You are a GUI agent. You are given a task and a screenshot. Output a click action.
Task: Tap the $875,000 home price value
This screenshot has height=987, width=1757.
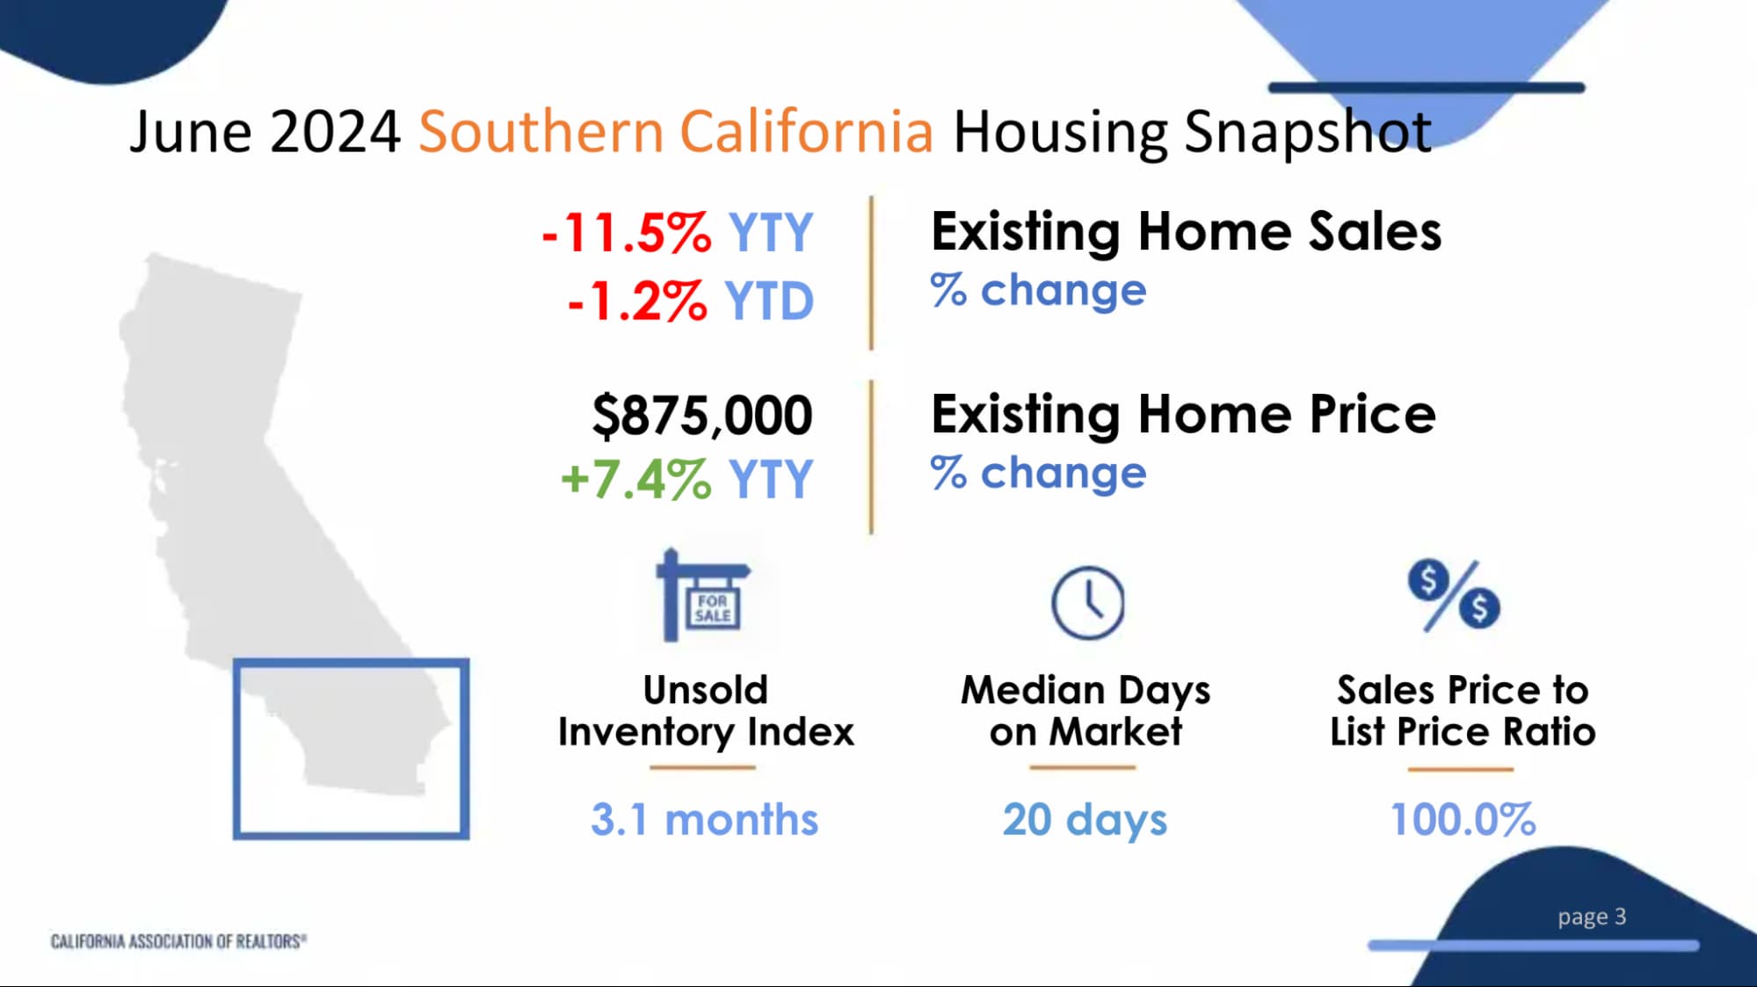pos(702,415)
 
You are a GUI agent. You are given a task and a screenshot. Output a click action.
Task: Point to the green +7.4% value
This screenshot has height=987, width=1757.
pos(636,480)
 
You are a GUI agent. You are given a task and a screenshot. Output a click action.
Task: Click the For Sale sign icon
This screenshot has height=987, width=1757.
pos(702,595)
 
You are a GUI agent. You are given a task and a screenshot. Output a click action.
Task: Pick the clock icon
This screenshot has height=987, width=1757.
pos(1088,603)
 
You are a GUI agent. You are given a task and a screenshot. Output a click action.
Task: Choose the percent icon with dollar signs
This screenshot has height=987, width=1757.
pos(1454,596)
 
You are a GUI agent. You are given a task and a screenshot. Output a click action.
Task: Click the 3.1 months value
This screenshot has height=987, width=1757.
pos(704,819)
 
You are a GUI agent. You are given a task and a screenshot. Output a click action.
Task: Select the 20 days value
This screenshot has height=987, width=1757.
pos(1085,821)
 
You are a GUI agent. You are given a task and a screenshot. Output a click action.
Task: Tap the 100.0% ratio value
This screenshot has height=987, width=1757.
pos(1463,819)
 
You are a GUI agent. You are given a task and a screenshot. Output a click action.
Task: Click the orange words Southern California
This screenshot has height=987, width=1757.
pos(675,132)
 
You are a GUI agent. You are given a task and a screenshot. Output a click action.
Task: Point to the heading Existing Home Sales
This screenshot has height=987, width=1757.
pos(1186,232)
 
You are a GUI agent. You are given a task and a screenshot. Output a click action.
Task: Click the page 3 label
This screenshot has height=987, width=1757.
pos(1592,917)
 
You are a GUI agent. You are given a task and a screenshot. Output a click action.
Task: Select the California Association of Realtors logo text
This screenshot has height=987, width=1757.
pos(178,941)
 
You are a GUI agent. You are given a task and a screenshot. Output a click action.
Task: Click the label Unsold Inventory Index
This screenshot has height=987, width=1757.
pos(706,711)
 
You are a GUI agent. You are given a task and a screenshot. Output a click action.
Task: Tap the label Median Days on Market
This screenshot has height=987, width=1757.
pos(1085,711)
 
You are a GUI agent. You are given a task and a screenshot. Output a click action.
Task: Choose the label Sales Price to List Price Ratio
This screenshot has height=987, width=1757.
pos(1463,711)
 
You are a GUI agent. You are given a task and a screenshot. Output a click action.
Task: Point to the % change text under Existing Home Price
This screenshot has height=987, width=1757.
pos(1038,473)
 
